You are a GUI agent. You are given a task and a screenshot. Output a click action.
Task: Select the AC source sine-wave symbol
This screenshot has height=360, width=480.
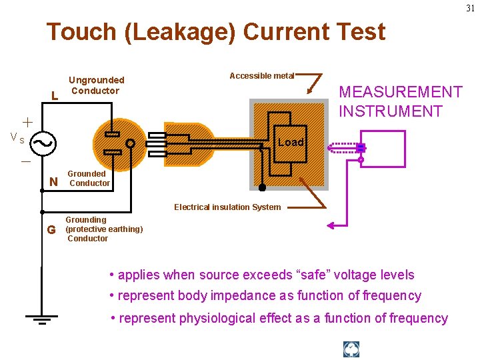(43, 142)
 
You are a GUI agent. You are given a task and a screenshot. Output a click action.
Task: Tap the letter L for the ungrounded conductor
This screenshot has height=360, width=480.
(54, 95)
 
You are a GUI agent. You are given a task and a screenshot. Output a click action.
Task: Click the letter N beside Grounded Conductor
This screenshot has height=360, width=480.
(54, 181)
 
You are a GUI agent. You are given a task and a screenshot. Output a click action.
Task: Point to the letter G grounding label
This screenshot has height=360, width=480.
(51, 231)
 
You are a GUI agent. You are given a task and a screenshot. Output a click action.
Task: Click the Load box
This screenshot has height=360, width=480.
(290, 143)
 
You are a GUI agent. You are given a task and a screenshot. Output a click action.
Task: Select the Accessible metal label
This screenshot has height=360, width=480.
(261, 76)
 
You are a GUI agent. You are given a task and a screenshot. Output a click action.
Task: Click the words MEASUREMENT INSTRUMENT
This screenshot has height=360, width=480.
(391, 101)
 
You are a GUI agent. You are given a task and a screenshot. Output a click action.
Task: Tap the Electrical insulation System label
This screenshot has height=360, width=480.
(227, 207)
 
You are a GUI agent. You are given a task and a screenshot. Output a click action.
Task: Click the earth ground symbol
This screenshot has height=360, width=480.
(41, 319)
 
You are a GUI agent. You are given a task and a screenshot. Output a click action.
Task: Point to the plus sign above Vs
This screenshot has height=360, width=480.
(27, 122)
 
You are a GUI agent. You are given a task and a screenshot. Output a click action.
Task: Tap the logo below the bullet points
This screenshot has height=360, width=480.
(351, 349)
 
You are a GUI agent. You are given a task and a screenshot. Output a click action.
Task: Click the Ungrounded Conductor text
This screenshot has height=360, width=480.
(96, 85)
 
